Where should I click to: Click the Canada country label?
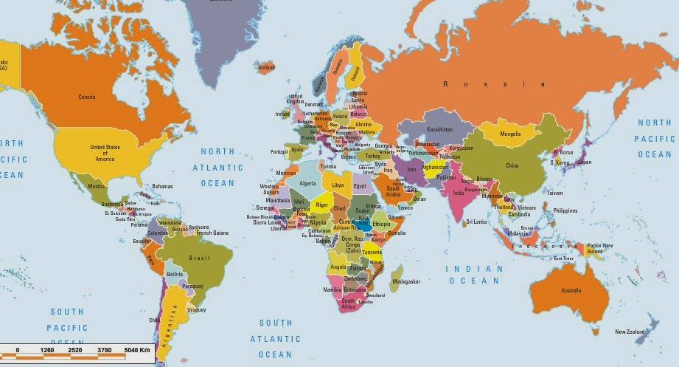point(86,97)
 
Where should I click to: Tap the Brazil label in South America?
point(201,258)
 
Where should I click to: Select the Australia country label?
point(571,290)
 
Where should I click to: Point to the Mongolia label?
point(510,134)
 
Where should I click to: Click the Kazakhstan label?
point(440,129)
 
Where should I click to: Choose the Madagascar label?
point(406,281)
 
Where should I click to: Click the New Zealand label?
point(630,332)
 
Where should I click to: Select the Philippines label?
point(565,210)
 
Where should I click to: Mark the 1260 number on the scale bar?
point(47,349)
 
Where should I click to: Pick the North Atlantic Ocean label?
point(218,167)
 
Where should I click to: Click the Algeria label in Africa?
point(307,183)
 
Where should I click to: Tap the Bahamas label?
point(162,186)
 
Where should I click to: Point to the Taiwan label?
point(554,193)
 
